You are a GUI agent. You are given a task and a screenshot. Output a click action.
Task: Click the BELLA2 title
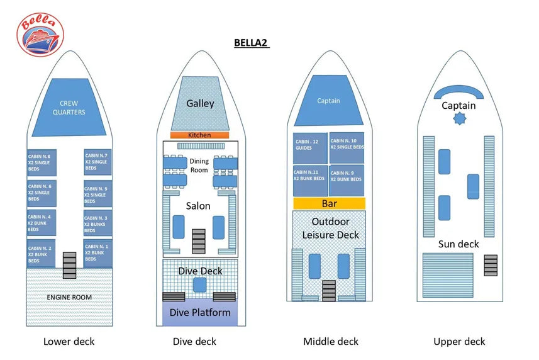click(x=251, y=43)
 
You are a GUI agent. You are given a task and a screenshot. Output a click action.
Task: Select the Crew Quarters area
click(x=72, y=108)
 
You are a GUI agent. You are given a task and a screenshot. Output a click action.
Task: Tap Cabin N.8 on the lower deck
click(x=41, y=162)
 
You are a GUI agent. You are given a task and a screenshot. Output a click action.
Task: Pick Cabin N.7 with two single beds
click(x=97, y=162)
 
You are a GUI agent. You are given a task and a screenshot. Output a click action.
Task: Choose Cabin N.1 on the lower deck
click(x=97, y=252)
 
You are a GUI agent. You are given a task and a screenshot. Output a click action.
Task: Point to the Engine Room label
click(x=69, y=297)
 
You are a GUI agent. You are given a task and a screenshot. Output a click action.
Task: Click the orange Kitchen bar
click(x=199, y=135)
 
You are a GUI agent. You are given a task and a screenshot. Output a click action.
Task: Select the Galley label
click(x=200, y=103)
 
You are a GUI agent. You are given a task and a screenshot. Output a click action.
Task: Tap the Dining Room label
click(x=199, y=166)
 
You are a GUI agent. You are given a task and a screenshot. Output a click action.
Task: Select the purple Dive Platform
click(x=200, y=313)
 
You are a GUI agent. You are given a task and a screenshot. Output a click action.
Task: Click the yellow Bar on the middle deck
click(x=329, y=204)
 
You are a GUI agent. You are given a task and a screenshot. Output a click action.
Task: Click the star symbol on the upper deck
click(x=458, y=120)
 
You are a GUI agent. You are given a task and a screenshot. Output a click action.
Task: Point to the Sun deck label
click(x=458, y=244)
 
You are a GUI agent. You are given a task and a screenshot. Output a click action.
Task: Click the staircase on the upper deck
click(x=491, y=264)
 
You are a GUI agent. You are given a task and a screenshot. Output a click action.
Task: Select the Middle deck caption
click(x=330, y=342)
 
